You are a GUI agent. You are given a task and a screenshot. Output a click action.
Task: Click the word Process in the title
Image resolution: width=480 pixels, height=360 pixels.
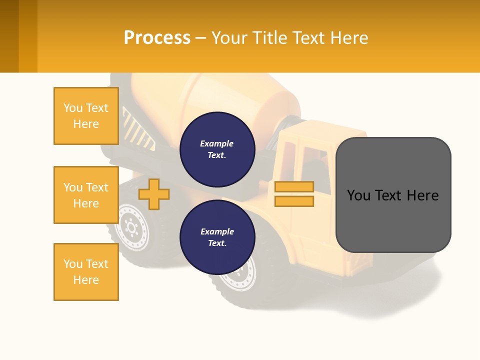click(x=157, y=37)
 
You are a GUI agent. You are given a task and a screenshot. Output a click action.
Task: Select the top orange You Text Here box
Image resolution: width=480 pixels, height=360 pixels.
click(x=86, y=116)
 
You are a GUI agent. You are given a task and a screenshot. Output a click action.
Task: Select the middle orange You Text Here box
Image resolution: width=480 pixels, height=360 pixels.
click(x=86, y=195)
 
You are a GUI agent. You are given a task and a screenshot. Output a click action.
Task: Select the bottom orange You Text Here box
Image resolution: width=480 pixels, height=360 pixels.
click(x=86, y=272)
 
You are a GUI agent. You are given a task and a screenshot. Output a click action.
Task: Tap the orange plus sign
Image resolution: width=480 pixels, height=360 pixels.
click(x=154, y=194)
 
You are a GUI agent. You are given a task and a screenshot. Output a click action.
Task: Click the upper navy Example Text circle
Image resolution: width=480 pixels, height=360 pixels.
click(x=217, y=149)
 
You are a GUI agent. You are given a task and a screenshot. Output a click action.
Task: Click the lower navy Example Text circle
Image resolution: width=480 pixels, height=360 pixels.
click(x=217, y=237)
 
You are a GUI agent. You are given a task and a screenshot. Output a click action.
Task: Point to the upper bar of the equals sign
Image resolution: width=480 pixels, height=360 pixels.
click(x=294, y=186)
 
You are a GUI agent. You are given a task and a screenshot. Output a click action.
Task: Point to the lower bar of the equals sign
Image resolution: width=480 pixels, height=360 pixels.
click(x=294, y=201)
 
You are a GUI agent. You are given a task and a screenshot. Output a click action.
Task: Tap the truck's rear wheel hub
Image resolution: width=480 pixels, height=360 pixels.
click(x=131, y=228)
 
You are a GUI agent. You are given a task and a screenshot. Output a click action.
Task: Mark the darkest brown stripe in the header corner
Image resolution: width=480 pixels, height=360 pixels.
click(x=9, y=36)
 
